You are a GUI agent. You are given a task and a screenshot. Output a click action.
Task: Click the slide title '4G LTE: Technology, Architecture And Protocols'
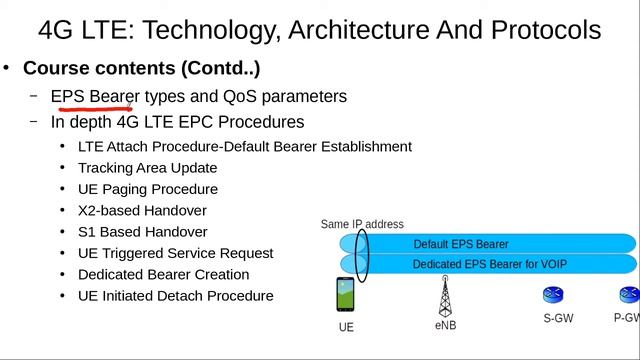[x=320, y=30]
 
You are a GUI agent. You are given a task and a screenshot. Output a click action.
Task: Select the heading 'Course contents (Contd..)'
[x=141, y=68]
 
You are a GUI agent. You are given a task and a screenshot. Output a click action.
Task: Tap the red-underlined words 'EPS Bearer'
[x=96, y=96]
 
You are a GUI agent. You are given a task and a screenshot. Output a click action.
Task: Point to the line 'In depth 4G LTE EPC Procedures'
[x=178, y=122]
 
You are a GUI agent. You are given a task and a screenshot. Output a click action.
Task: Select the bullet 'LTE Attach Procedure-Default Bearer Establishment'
[x=244, y=146]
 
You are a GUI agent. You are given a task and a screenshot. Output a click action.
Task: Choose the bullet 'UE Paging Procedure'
[x=147, y=189]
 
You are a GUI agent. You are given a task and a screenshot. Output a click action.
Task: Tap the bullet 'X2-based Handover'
[x=142, y=210]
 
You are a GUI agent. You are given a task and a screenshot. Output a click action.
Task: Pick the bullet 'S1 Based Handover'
[x=142, y=231]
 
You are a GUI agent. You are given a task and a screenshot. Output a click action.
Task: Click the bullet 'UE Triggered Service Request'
[x=175, y=253]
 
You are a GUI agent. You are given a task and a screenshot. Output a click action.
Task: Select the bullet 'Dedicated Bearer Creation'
[x=163, y=274]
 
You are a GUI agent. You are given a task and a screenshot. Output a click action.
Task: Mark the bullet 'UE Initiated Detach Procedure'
[x=175, y=296]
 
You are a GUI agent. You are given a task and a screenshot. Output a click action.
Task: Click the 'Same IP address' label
[x=362, y=224]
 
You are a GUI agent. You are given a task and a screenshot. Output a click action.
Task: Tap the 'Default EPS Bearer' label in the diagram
[x=461, y=244]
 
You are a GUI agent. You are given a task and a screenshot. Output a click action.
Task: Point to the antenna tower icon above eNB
[x=445, y=296]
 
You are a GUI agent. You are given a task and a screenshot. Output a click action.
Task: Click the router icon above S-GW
[x=553, y=295]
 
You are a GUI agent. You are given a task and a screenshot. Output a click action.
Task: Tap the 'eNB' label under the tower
[x=446, y=325]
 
